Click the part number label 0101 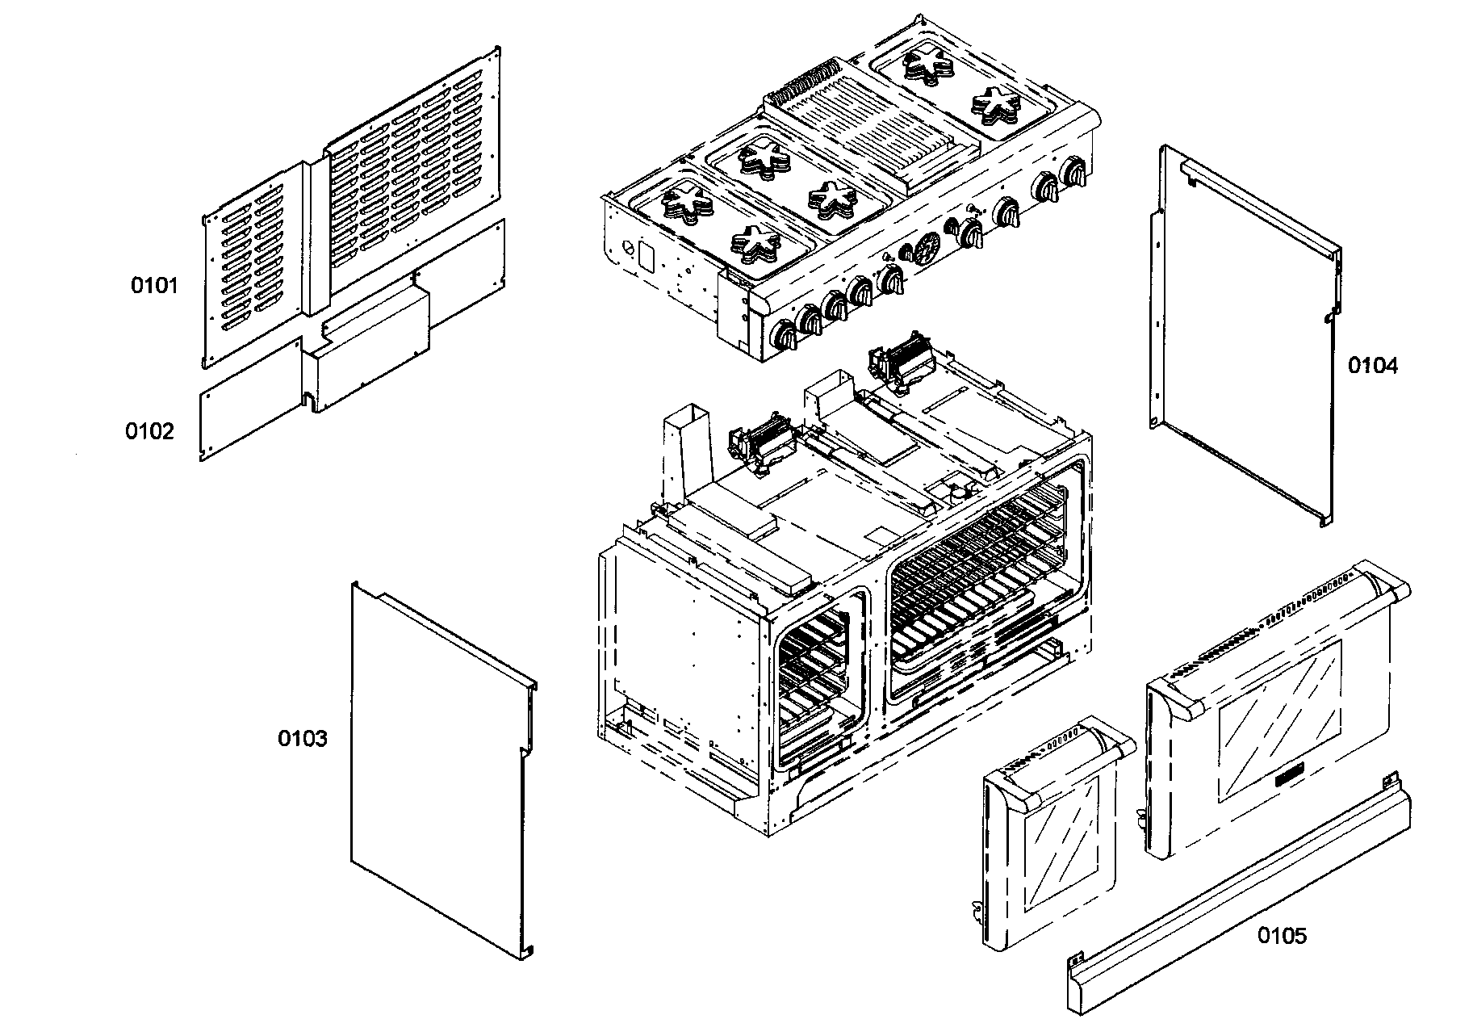tap(154, 286)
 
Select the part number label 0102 tap(149, 431)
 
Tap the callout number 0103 tap(303, 739)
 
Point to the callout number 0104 tap(1372, 367)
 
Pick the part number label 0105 tap(1282, 936)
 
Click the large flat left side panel tap(436, 767)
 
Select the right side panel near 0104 tap(1243, 339)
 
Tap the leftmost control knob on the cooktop tap(783, 335)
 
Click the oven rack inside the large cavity tap(969, 598)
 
